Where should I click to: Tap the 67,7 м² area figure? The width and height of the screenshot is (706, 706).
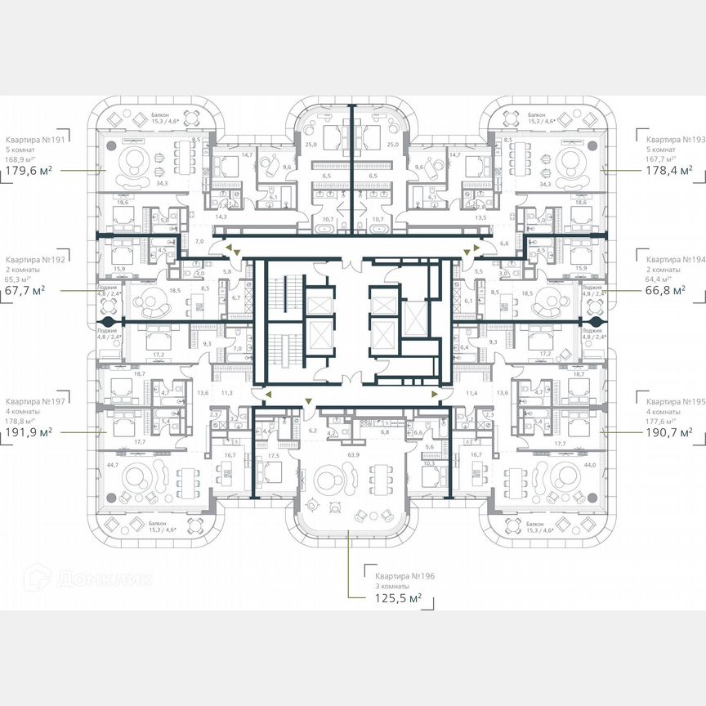pyautogui.click(x=28, y=290)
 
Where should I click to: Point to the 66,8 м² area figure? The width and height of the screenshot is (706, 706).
pyautogui.click(x=664, y=289)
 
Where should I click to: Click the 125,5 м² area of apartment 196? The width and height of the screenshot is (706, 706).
pyautogui.click(x=393, y=599)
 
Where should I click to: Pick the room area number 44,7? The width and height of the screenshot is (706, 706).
pyautogui.click(x=113, y=464)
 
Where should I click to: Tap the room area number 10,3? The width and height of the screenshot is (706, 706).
pyautogui.click(x=429, y=463)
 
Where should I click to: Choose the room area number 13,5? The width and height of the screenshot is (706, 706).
pyautogui.click(x=480, y=217)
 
